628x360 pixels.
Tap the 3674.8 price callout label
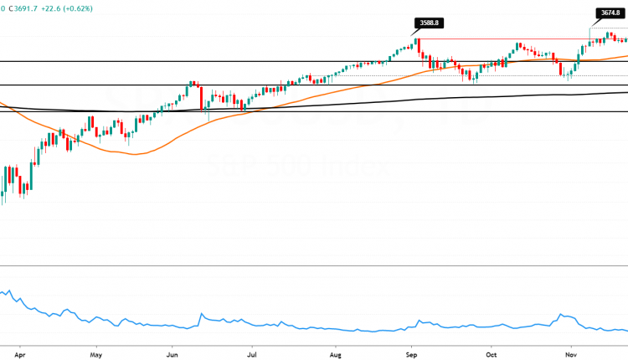pos(609,13)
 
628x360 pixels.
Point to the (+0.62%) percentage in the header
pos(99,8)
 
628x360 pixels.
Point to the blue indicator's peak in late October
pos(561,316)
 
